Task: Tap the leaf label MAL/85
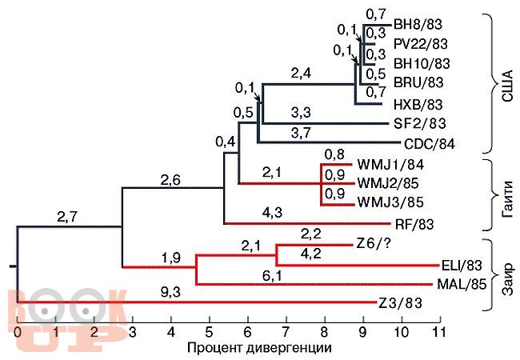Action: (462, 283)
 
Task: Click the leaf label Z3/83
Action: (400, 302)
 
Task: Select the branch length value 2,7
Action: (67, 216)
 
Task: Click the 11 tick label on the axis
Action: (438, 331)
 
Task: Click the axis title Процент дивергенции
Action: (258, 348)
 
